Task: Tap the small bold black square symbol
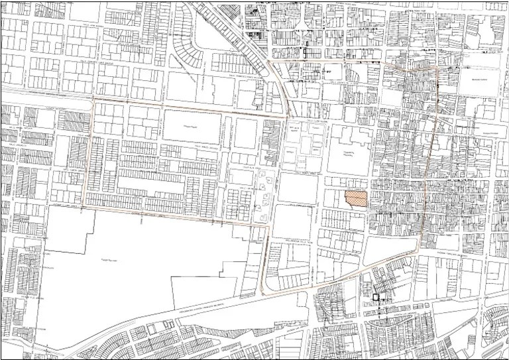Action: click(x=375, y=298)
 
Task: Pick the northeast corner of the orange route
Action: click(x=438, y=68)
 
